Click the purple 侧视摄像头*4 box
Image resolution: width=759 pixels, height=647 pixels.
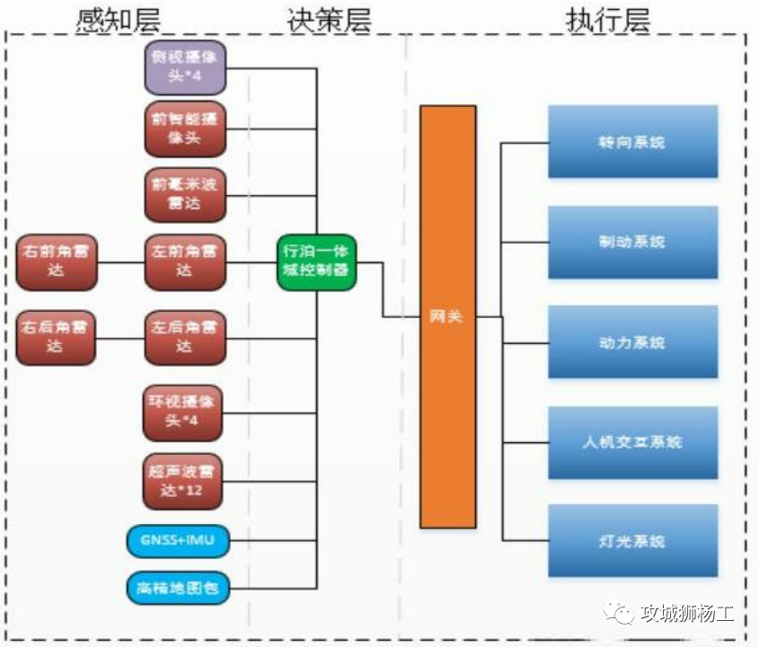click(184, 67)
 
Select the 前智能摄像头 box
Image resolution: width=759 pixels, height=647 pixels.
click(184, 129)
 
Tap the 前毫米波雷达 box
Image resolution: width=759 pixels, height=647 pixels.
click(184, 193)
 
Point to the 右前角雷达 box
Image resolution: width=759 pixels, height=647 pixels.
click(56, 262)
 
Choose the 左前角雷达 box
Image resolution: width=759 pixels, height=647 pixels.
click(184, 262)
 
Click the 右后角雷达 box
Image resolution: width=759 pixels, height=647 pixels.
click(56, 337)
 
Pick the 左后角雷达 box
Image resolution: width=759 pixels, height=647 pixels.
click(184, 337)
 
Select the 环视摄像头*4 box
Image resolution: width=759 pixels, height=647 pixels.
click(182, 413)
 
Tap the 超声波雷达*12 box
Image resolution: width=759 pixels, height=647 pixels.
click(182, 481)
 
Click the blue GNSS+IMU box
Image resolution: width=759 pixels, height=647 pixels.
click(177, 541)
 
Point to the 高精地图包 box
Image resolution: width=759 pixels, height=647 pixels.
click(177, 589)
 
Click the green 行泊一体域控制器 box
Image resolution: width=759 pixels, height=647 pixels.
click(315, 262)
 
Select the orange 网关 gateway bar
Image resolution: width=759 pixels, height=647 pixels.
click(447, 316)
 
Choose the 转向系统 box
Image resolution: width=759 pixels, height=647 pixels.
click(632, 142)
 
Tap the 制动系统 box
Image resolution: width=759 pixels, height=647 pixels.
click(632, 242)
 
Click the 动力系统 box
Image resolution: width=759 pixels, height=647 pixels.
click(632, 342)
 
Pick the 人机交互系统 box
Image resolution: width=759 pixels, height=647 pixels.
click(632, 442)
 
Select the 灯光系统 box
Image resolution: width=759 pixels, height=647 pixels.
click(632, 541)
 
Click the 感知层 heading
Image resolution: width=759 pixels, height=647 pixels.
click(120, 19)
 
